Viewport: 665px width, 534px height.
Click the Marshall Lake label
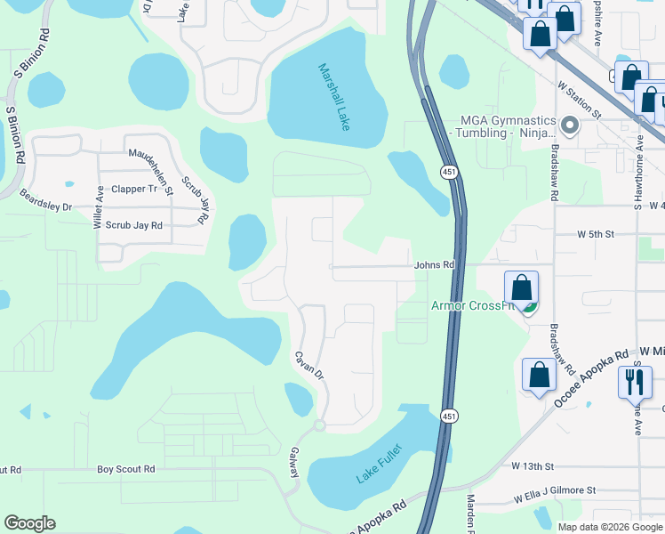point(334,97)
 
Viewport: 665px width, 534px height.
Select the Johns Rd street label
point(434,265)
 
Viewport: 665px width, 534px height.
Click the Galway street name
point(293,463)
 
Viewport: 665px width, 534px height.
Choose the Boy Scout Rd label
point(125,469)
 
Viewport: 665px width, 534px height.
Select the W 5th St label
point(595,234)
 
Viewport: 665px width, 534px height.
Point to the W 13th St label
point(533,465)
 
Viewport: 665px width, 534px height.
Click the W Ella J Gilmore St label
point(549,490)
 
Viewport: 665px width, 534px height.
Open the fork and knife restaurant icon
point(635,382)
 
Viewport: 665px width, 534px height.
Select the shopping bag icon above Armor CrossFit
point(521,287)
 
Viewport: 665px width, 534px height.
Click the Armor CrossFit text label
point(474,306)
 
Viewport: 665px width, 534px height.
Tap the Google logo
point(29,523)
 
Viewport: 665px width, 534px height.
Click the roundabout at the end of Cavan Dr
point(319,426)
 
